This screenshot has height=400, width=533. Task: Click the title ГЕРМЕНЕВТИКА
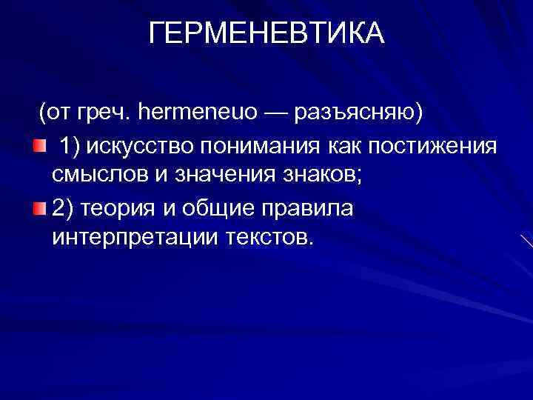coord(266,33)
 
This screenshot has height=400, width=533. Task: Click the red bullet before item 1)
coord(38,146)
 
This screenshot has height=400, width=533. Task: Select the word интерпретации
coord(127,240)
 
